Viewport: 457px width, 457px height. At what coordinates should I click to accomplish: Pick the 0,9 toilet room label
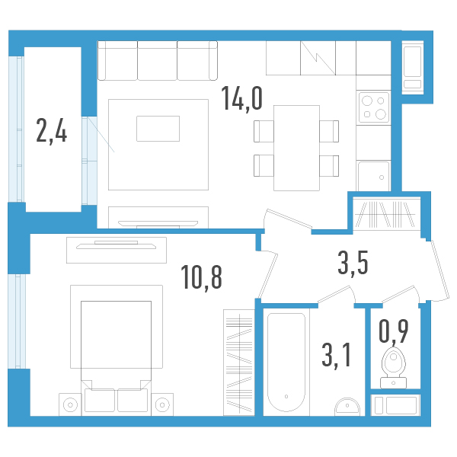pyautogui.click(x=393, y=331)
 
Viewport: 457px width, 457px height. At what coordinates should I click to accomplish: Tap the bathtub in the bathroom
pyautogui.click(x=287, y=362)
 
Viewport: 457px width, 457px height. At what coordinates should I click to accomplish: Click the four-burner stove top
pyautogui.click(x=373, y=107)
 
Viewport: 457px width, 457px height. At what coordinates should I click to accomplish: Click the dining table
pyautogui.click(x=296, y=147)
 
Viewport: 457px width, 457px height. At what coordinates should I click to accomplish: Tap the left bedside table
pyautogui.click(x=69, y=404)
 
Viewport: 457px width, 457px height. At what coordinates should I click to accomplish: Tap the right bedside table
pyautogui.click(x=161, y=404)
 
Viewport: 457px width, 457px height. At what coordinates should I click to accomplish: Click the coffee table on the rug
pyautogui.click(x=158, y=128)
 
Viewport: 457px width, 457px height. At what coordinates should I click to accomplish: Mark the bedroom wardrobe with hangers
pyautogui.click(x=238, y=362)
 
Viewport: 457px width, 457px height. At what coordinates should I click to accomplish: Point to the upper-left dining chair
pyautogui.click(x=264, y=131)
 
